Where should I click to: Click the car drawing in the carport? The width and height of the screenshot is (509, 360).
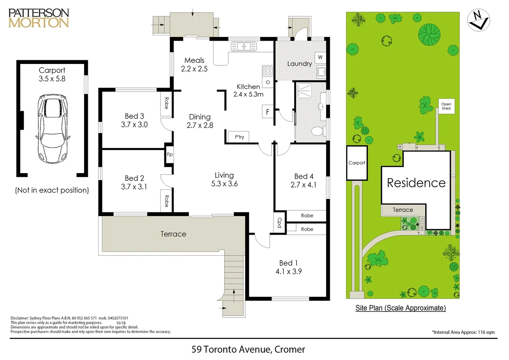click(52, 129)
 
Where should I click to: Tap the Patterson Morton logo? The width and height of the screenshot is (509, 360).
click(39, 18)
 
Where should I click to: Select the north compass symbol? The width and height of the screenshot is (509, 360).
click(478, 20)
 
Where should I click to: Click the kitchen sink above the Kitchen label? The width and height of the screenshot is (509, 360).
click(244, 46)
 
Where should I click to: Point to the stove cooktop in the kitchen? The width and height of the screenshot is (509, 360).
click(268, 70)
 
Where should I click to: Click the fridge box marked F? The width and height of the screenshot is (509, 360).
click(267, 112)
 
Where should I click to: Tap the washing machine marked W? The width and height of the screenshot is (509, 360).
click(320, 57)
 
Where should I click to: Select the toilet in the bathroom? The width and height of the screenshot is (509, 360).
click(317, 131)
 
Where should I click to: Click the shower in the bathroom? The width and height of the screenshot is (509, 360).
click(304, 90)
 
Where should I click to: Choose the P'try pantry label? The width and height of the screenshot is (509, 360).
click(239, 137)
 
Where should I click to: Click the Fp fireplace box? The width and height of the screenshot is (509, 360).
click(170, 154)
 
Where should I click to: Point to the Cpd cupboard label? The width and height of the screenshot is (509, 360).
click(279, 222)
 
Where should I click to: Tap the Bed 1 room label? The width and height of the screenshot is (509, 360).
click(288, 263)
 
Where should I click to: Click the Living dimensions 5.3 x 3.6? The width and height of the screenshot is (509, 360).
click(224, 184)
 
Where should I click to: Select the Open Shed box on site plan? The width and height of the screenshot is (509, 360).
click(446, 106)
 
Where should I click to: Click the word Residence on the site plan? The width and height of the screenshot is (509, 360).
click(416, 183)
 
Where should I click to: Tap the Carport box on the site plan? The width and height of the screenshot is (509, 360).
click(357, 163)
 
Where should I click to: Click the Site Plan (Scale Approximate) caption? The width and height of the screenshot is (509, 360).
click(400, 308)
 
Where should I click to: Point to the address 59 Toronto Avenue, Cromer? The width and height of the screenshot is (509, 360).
click(248, 349)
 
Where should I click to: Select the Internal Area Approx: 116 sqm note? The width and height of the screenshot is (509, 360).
click(463, 332)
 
